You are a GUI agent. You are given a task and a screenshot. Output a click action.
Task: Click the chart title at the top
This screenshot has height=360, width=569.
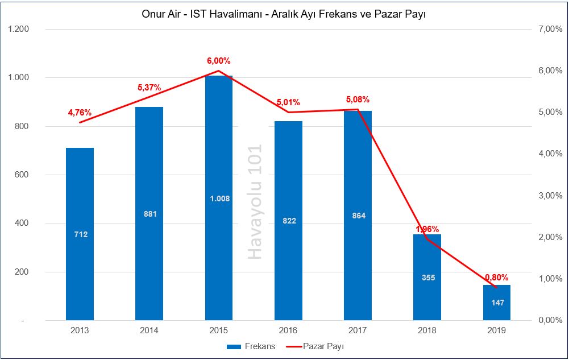pyautogui.click(x=284, y=14)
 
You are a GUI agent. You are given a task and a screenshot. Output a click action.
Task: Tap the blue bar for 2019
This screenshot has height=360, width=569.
pyautogui.click(x=496, y=302)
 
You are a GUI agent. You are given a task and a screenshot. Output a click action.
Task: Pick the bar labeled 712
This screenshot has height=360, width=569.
pyautogui.click(x=80, y=234)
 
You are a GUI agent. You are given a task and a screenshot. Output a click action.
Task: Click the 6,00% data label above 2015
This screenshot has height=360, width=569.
pyautogui.click(x=218, y=61)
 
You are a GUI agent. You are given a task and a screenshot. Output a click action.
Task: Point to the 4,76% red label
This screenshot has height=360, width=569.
pyautogui.click(x=80, y=113)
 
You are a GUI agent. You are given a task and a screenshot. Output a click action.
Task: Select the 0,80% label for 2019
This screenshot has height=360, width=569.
pyautogui.click(x=496, y=278)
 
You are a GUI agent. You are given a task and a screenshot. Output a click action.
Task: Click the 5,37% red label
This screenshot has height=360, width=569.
pyautogui.click(x=149, y=88)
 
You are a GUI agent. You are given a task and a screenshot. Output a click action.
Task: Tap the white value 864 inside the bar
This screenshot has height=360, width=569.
pyautogui.click(x=358, y=216)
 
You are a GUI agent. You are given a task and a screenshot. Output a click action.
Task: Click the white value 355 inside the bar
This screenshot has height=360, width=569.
pyautogui.click(x=427, y=278)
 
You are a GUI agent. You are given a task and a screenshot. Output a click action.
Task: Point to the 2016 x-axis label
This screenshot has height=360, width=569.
pyautogui.click(x=288, y=330)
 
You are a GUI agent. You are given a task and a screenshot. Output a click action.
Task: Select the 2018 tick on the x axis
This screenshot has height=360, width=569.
pyautogui.click(x=427, y=330)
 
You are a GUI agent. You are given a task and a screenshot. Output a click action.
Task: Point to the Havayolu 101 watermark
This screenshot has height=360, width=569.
pyautogui.click(x=255, y=202)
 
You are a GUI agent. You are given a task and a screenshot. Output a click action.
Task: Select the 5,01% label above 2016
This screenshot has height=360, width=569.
pyautogui.click(x=288, y=102)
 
